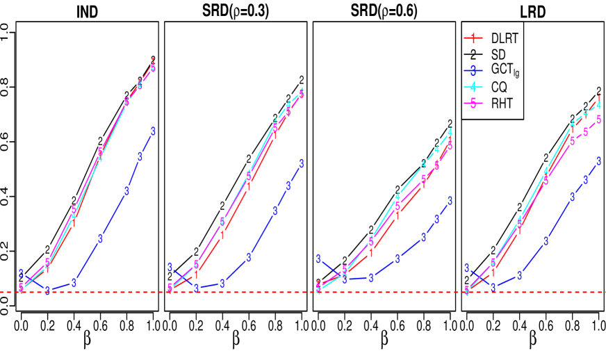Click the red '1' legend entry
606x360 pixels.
[473, 38]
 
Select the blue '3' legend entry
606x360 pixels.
[473, 71]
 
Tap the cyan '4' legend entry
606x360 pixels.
[473, 88]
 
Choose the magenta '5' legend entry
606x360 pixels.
[473, 104]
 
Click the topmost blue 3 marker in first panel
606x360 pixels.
[153, 131]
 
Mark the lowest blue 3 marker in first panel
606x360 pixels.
[47, 291]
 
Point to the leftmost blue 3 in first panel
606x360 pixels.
[22, 273]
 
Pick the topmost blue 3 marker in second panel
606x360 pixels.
[302, 164]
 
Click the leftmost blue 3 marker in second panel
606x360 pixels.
[170, 268]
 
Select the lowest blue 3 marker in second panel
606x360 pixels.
[197, 288]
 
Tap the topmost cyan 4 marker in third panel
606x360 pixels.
[450, 132]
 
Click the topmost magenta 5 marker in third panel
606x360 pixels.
[450, 145]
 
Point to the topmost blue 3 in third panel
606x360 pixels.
[450, 201]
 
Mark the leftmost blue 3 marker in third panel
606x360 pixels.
[318, 259]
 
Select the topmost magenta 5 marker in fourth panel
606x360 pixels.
[598, 120]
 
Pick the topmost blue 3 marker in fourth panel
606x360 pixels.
[598, 161]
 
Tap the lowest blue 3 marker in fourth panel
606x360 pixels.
[493, 287]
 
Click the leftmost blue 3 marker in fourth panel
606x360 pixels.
[467, 268]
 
